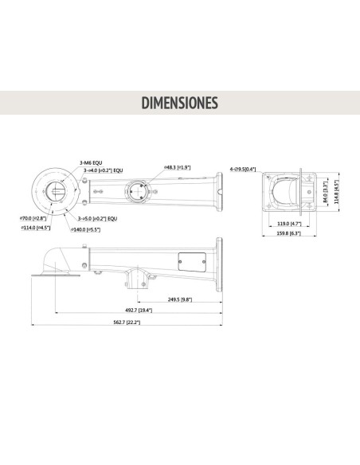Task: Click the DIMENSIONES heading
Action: click(x=179, y=104)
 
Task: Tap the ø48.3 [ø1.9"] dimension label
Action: click(x=177, y=166)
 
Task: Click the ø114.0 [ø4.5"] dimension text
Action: click(x=36, y=229)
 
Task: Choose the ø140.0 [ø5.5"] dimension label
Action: click(x=84, y=229)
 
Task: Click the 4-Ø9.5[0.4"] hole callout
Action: click(x=243, y=169)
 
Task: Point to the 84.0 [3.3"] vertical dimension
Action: click(x=326, y=191)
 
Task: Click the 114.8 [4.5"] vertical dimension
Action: click(x=337, y=191)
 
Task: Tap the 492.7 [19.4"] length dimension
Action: click(x=139, y=311)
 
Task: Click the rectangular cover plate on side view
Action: click(x=188, y=260)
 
